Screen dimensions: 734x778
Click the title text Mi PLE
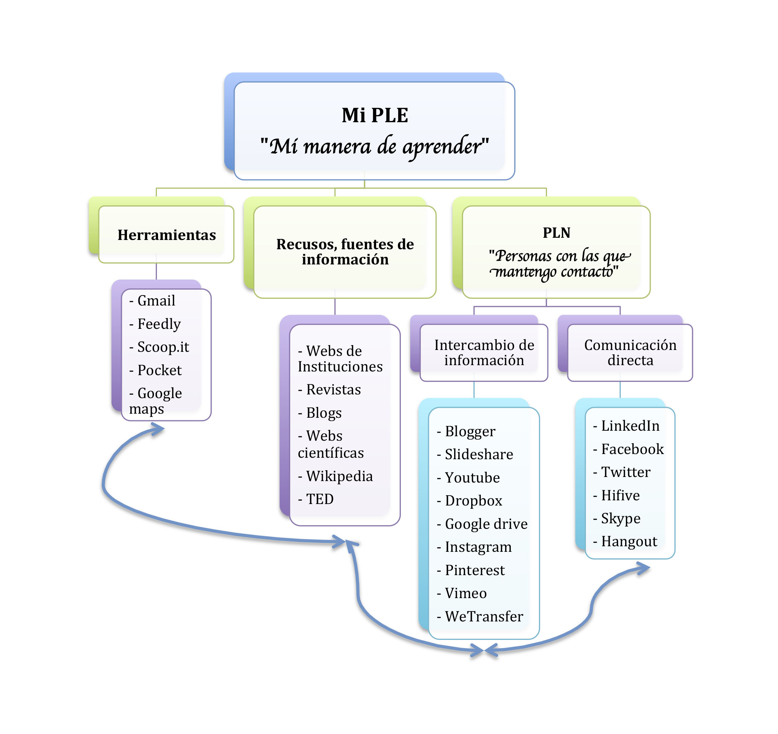pyautogui.click(x=375, y=116)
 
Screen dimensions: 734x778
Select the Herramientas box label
pyautogui.click(x=166, y=235)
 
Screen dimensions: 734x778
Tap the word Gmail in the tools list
pyautogui.click(x=156, y=301)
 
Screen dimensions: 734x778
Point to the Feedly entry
pyautogui.click(x=159, y=324)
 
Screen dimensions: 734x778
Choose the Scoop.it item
pyautogui.click(x=163, y=347)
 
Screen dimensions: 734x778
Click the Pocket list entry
pyautogui.click(x=159, y=370)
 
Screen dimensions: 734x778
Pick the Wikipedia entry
pyautogui.click(x=339, y=476)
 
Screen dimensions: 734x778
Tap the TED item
pyautogui.click(x=320, y=499)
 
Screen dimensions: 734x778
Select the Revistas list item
pyautogui.click(x=333, y=390)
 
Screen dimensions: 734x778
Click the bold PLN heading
pyautogui.click(x=556, y=233)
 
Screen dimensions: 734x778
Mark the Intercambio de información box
pyautogui.click(x=484, y=352)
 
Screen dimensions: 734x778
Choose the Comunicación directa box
pyautogui.click(x=630, y=352)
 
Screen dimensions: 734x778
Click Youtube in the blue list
pyautogui.click(x=472, y=478)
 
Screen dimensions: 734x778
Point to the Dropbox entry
pyautogui.click(x=473, y=501)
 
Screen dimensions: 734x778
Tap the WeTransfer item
pyautogui.click(x=484, y=617)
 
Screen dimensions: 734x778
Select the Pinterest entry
pyautogui.click(x=475, y=570)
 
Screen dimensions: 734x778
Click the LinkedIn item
pyautogui.click(x=630, y=426)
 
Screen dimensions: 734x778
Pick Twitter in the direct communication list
pyautogui.click(x=626, y=472)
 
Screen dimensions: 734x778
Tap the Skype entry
pyautogui.click(x=621, y=518)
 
